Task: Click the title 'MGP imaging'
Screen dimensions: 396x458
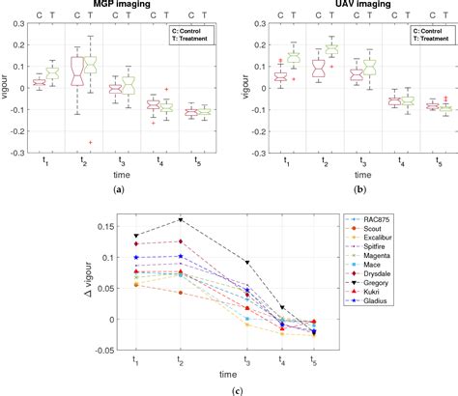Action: tap(114, 7)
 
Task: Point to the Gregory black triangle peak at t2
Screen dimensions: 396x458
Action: tap(179, 219)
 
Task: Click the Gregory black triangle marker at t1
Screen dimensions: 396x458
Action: tap(135, 235)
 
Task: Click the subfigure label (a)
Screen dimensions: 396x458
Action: tap(114, 190)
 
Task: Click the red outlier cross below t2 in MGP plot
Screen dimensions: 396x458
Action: tap(90, 142)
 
